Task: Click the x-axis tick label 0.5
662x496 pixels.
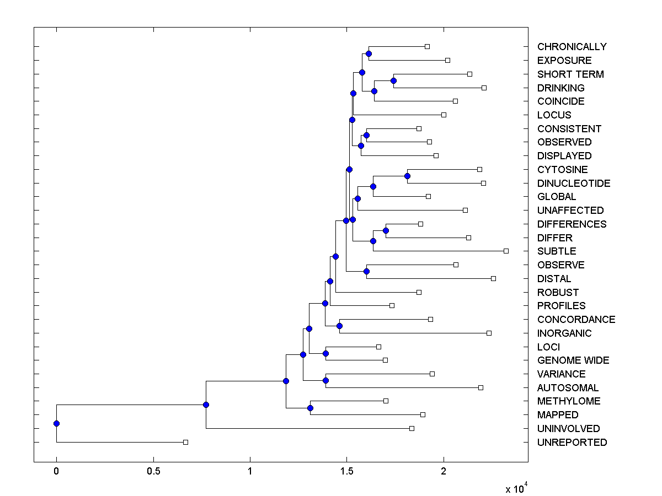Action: point(153,471)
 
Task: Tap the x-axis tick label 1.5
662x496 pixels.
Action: point(346,471)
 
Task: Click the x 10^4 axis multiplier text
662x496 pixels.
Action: point(516,489)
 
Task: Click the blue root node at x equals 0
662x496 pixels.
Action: point(56,423)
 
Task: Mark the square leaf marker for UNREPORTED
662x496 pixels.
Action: point(185,442)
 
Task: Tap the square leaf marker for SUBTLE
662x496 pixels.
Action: point(506,251)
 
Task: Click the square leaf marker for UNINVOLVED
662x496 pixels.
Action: point(412,428)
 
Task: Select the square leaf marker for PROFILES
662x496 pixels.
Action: point(392,305)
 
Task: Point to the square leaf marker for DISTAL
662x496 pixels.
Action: point(493,278)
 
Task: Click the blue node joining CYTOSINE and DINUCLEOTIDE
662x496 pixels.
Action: point(407,176)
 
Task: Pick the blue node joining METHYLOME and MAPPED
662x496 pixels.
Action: point(310,408)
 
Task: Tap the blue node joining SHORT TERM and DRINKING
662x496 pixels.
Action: point(393,80)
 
